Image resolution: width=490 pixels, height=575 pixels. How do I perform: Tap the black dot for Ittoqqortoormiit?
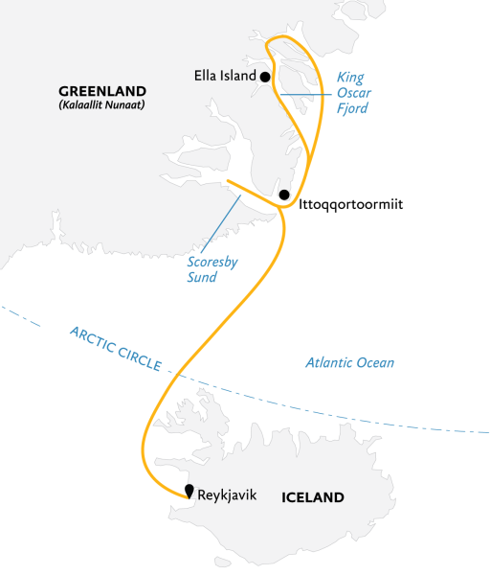tap(284, 195)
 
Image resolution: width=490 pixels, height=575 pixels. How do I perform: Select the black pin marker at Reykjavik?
tap(189, 493)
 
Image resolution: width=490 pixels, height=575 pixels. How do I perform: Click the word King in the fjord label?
tap(350, 76)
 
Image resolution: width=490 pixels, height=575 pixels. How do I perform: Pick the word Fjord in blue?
tap(353, 108)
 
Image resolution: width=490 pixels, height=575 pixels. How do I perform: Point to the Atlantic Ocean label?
tap(349, 363)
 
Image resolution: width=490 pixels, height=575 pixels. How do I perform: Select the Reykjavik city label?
tap(227, 495)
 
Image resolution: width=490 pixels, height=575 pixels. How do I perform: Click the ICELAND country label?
tap(312, 498)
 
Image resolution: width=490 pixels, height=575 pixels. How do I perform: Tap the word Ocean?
tap(373, 363)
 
